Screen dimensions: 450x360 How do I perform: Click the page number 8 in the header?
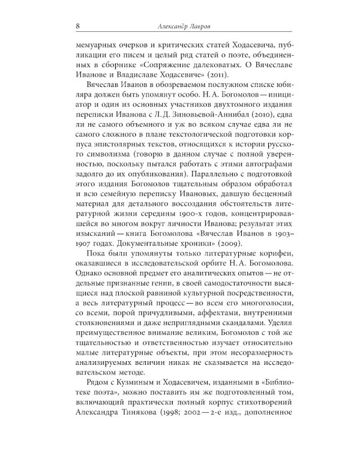71,25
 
